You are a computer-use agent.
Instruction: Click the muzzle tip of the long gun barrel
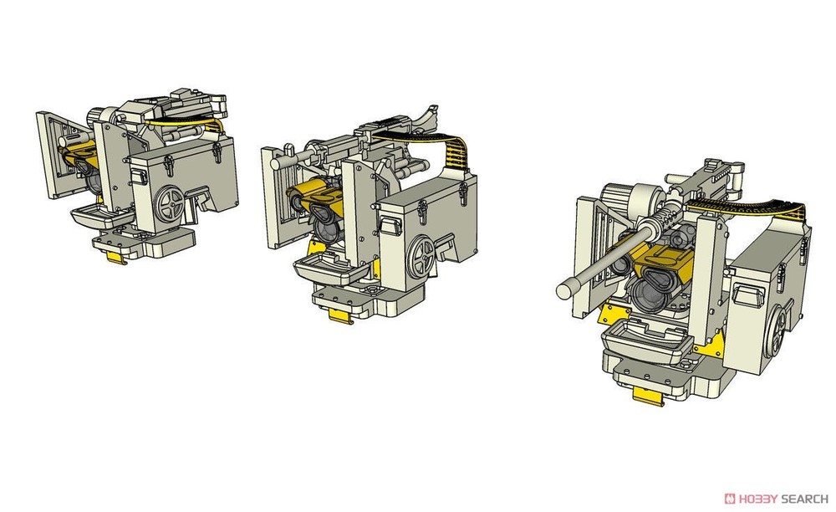click(x=563, y=291)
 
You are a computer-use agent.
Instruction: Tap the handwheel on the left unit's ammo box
click(x=171, y=203)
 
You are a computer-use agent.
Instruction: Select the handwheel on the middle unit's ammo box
click(x=421, y=257)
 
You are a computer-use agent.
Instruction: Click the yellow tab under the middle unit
click(x=341, y=315)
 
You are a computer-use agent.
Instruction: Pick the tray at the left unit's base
click(x=102, y=216)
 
